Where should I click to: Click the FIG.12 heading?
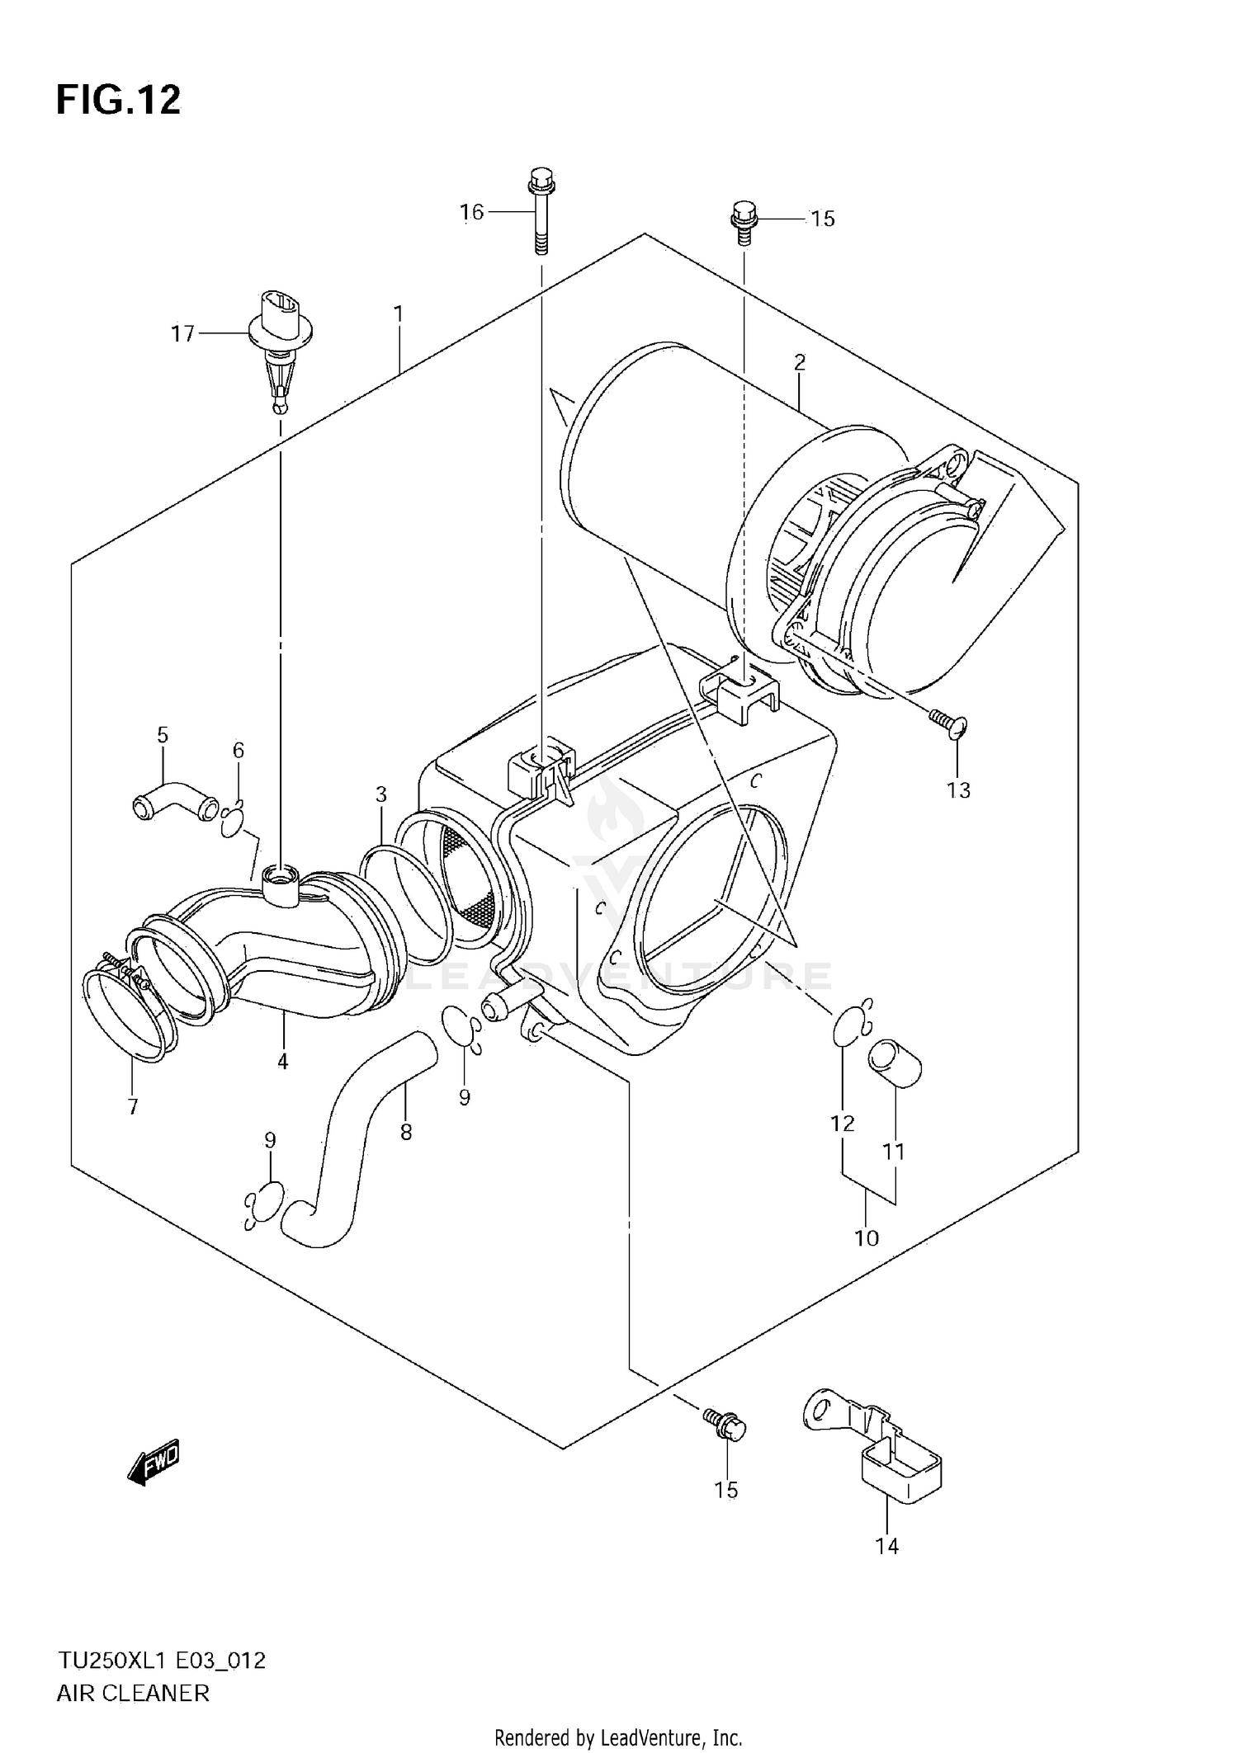tap(118, 101)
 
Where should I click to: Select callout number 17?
tap(182, 333)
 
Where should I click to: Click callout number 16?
tap(471, 213)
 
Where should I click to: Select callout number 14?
tap(886, 1546)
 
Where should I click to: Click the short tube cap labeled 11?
tap(893, 1064)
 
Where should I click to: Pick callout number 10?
tap(867, 1237)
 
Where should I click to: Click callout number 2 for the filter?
tap(799, 361)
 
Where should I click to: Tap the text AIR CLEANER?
tap(133, 1694)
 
